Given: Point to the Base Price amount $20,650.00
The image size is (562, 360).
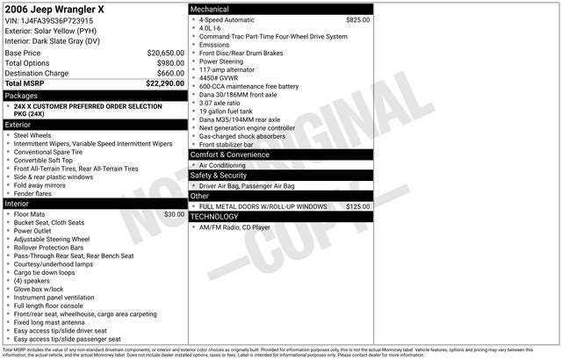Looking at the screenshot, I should pos(166,53).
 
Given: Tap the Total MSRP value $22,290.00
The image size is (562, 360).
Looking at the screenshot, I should pos(165,83).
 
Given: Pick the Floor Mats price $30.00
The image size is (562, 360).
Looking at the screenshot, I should pos(174,214).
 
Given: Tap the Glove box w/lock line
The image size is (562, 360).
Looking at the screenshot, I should pos(39,289).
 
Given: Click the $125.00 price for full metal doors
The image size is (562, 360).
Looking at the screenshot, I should pos(357,206).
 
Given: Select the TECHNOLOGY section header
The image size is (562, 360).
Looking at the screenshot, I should pos(214,216).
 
